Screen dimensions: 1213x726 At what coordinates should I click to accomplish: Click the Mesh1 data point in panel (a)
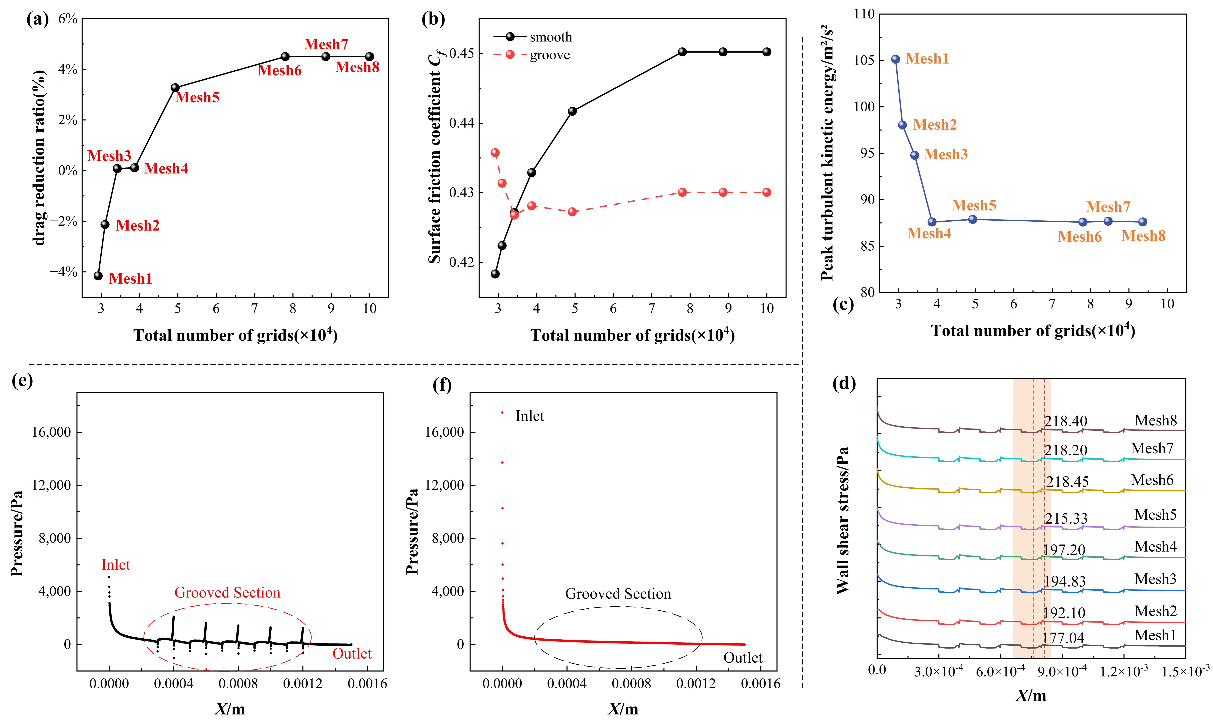click(x=98, y=276)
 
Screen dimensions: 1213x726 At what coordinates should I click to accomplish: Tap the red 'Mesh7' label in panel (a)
click(x=326, y=45)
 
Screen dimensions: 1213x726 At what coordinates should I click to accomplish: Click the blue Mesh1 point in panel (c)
click(x=895, y=59)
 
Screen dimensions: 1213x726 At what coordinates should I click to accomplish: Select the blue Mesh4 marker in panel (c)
click(x=932, y=222)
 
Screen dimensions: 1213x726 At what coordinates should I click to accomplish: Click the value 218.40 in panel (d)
click(x=1066, y=421)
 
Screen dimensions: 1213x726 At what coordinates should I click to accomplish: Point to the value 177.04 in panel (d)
click(x=1063, y=638)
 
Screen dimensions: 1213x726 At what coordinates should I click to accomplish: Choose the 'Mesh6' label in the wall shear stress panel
click(x=1152, y=480)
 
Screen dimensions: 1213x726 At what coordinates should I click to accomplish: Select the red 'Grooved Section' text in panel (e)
click(x=228, y=593)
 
